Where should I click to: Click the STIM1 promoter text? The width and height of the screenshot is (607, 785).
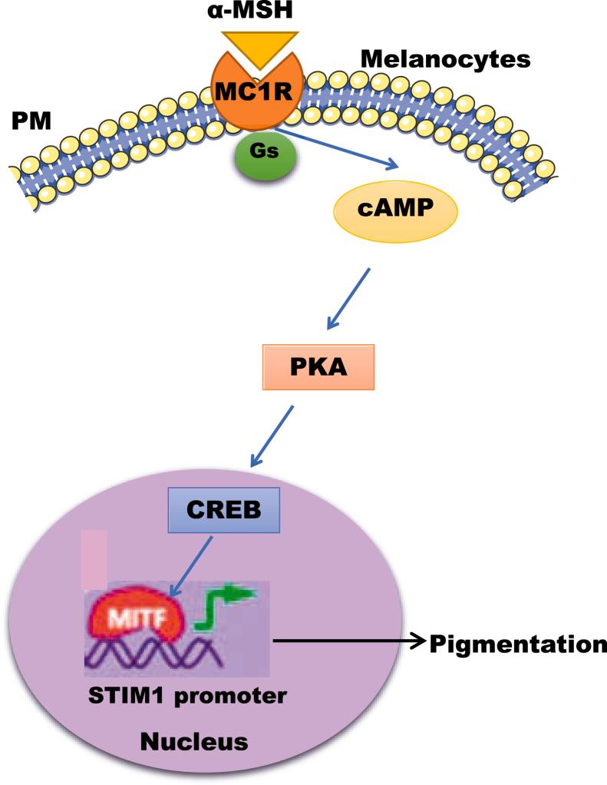(186, 696)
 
